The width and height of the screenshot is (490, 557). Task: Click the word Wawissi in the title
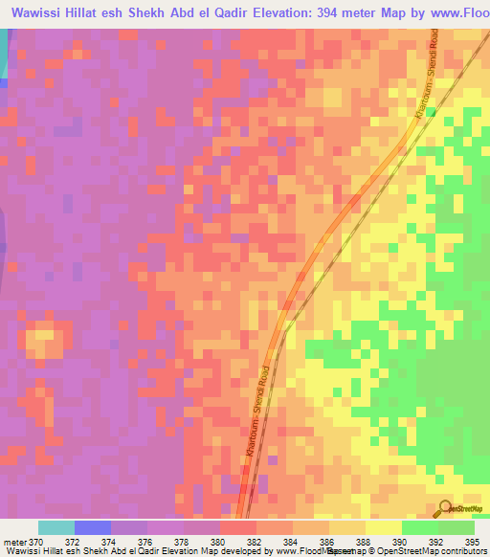tap(40, 13)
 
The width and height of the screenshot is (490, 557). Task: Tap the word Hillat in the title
tap(95, 13)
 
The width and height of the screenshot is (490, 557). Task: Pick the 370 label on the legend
tap(36, 543)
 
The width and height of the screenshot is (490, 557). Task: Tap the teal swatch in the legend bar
tap(56, 527)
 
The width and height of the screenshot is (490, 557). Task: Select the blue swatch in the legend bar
tap(93, 527)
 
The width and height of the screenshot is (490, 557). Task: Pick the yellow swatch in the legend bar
tap(384, 527)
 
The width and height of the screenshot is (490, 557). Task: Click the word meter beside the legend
tap(14, 543)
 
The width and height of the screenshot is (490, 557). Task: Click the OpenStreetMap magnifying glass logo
tap(446, 507)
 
